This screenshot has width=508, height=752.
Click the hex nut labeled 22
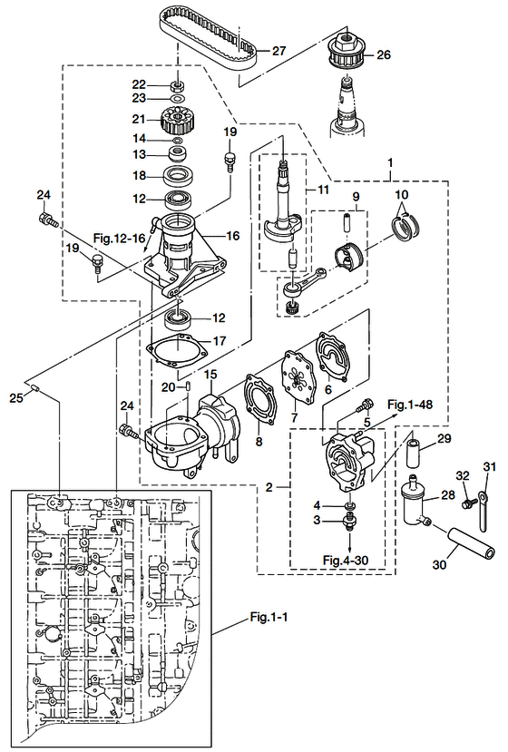coord(179,86)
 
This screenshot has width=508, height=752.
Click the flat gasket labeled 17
coord(177,347)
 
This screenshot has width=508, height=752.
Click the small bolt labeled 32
coord(468,503)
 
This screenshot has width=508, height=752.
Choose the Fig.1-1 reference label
coord(269,617)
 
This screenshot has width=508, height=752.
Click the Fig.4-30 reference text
coord(346,560)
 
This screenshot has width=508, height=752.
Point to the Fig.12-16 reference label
coord(119,238)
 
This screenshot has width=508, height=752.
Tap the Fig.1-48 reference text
coord(410,405)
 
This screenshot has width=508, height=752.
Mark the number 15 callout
coord(210,375)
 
